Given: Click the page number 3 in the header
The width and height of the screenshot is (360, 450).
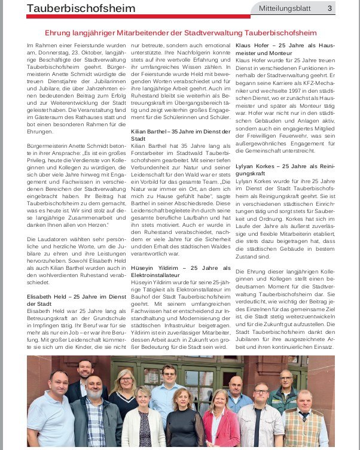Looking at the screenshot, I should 330,8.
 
